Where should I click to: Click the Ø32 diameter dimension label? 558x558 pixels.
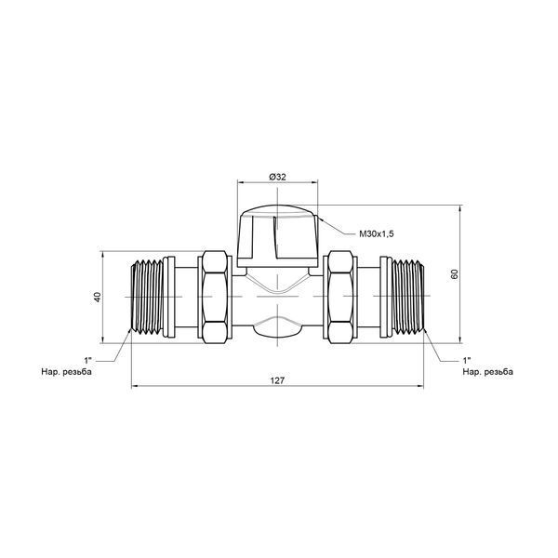click(277, 177)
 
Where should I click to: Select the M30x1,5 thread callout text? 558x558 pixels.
click(376, 233)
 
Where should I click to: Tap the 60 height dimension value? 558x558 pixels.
click(455, 274)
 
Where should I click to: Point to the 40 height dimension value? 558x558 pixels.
click(98, 297)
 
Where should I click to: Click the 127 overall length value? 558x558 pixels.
click(277, 380)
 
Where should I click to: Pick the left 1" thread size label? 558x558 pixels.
click(87, 361)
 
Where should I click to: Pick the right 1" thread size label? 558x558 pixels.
click(467, 361)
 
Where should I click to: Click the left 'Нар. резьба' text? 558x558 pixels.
click(67, 372)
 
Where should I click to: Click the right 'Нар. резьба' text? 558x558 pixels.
click(488, 372)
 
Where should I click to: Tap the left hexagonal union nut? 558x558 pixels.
click(215, 297)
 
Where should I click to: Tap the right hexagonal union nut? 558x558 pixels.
click(340, 297)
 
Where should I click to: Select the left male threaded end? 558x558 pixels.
click(147, 297)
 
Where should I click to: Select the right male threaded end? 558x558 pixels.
click(408, 297)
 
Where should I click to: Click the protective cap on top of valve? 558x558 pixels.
click(277, 236)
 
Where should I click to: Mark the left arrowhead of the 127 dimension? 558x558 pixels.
click(135, 386)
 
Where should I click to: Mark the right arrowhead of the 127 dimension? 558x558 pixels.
click(420, 386)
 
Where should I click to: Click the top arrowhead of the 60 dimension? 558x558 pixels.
click(459, 208)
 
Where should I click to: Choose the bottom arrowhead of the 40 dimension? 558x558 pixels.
click(102, 339)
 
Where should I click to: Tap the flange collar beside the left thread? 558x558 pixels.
click(169, 297)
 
